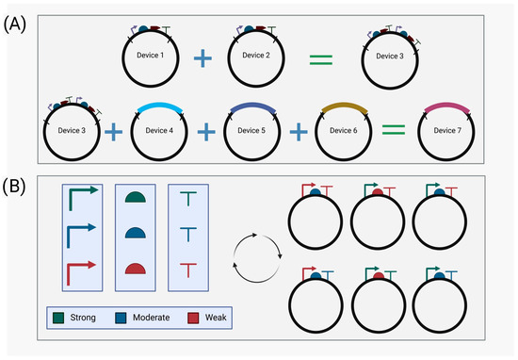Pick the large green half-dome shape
pyautogui.click(x=138, y=199)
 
